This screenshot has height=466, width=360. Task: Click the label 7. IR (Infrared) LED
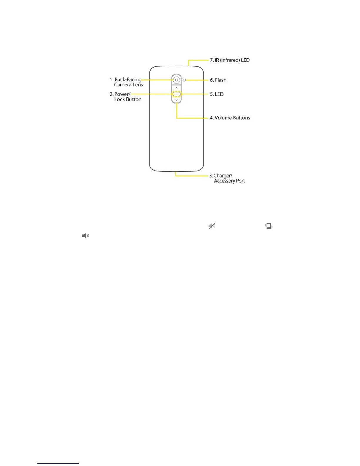[230, 60]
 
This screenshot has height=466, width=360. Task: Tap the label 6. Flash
[218, 80]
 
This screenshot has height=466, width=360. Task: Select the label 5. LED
[216, 94]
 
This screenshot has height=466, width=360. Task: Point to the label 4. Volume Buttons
[230, 118]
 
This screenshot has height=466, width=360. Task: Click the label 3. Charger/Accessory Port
[227, 178]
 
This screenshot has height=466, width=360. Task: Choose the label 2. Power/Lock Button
[126, 97]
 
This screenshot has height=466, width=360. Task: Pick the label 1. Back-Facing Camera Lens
[126, 82]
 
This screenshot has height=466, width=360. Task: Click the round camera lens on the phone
[176, 80]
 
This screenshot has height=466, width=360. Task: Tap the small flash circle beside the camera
[184, 80]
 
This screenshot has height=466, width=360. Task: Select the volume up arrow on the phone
[176, 88]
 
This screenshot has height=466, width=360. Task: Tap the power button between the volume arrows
[176, 94]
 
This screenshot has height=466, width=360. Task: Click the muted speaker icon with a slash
[212, 226]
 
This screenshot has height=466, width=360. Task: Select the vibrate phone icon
[269, 226]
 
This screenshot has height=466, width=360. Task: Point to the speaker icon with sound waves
[86, 236]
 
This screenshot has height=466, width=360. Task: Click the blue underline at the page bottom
[58, 463]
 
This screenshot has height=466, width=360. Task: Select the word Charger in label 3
[223, 176]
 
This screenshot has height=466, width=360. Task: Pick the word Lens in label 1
[137, 85]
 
